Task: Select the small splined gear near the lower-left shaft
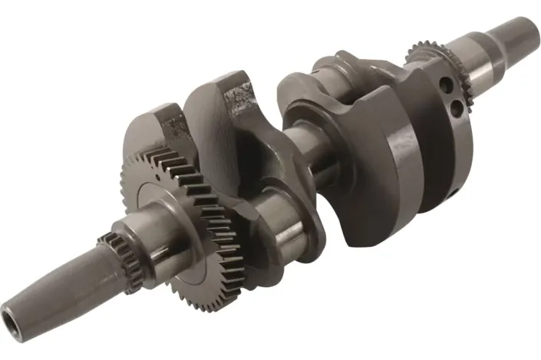click(123, 253)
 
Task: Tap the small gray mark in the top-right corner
click(522, 13)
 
